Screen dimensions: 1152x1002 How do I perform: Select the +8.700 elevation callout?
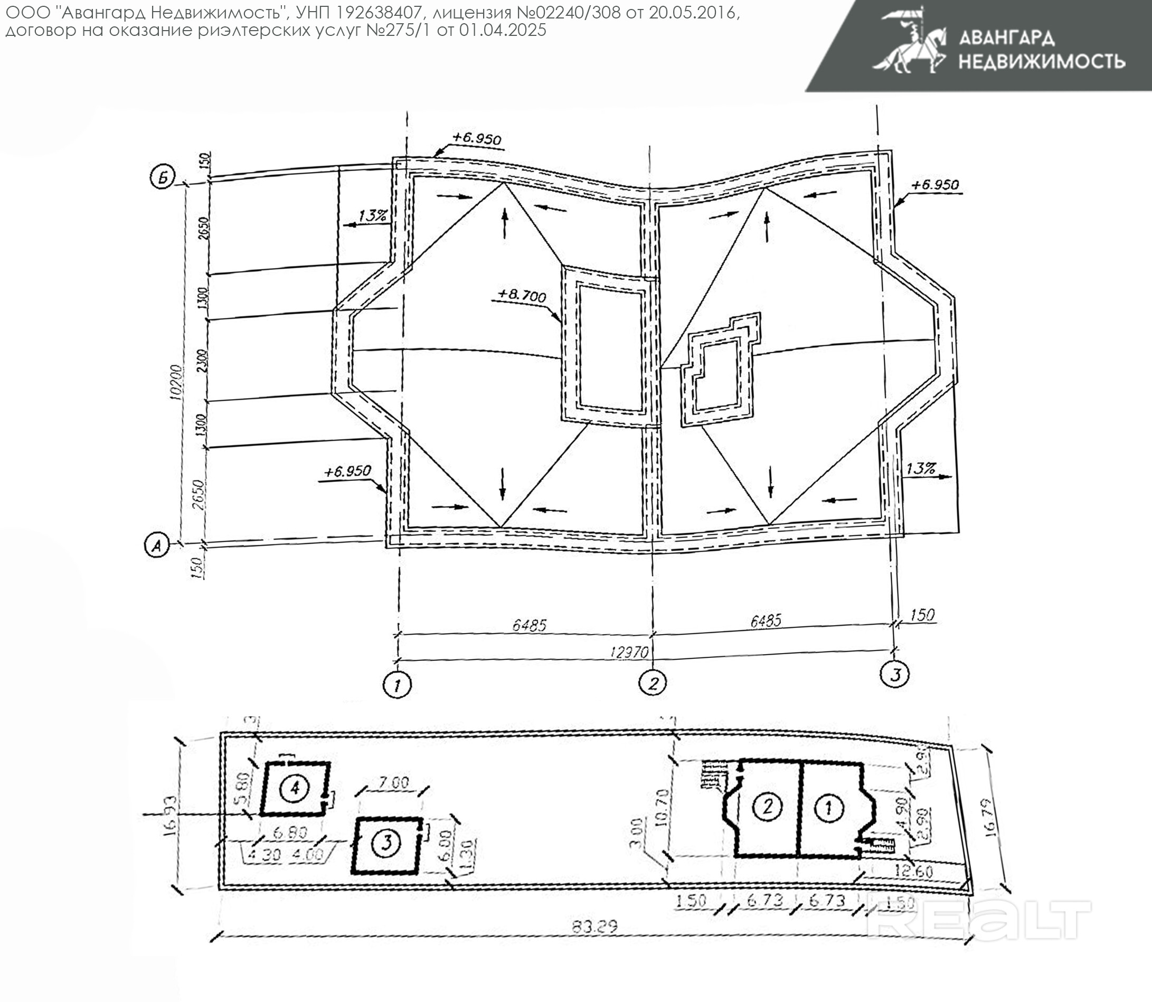coord(521,295)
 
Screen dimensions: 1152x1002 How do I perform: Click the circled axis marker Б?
coord(163,178)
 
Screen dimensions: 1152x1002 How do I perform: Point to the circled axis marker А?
coord(157,545)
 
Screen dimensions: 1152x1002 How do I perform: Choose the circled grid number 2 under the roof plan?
coord(653,683)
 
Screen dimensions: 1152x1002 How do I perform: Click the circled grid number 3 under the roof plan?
coord(894,674)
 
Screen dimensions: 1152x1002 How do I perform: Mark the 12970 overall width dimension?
coord(629,652)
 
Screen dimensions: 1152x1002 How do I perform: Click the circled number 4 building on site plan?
coord(295,788)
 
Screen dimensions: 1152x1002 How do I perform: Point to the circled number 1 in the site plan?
coord(829,807)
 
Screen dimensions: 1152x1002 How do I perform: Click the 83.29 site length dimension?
coord(594,927)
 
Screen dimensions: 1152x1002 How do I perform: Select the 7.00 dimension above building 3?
coord(394,782)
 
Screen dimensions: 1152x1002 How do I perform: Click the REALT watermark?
coord(979,920)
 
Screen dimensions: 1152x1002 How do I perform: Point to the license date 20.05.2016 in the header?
coord(692,12)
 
